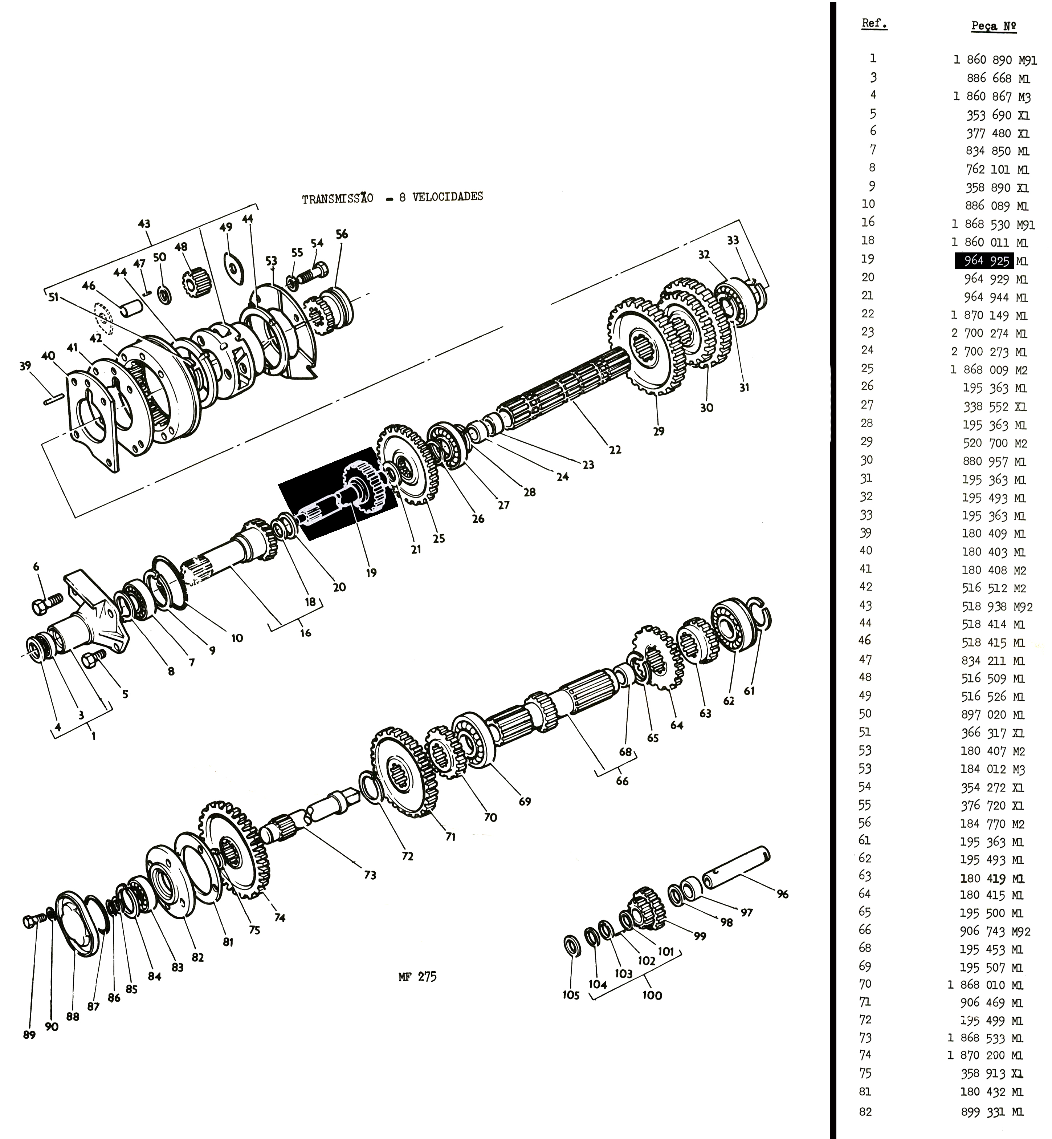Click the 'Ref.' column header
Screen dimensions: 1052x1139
coord(874,24)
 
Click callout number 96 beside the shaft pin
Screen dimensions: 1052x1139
coord(783,894)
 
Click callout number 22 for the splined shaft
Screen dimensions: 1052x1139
coord(615,450)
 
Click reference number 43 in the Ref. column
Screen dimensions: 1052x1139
coord(865,605)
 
